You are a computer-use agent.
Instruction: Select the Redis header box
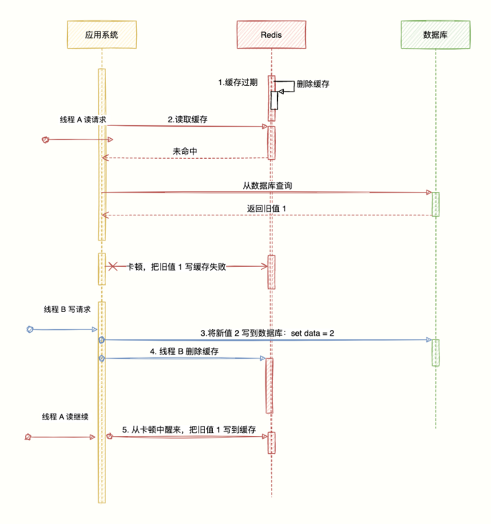(x=271, y=34)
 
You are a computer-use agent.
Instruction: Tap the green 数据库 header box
(x=435, y=34)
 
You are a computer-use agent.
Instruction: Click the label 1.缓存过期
(x=238, y=82)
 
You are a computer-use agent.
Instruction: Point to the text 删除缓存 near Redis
(x=313, y=84)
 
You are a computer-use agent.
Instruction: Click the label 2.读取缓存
(x=188, y=120)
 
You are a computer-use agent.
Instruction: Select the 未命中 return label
(x=185, y=152)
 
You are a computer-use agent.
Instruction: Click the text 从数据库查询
(x=267, y=185)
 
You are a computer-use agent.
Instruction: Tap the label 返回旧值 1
(x=267, y=208)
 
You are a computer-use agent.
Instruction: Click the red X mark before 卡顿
(x=113, y=266)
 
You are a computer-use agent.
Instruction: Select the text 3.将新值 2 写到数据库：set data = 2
(x=267, y=333)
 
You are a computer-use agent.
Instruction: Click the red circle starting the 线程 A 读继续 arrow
(x=28, y=436)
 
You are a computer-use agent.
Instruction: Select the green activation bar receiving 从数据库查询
(x=435, y=203)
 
